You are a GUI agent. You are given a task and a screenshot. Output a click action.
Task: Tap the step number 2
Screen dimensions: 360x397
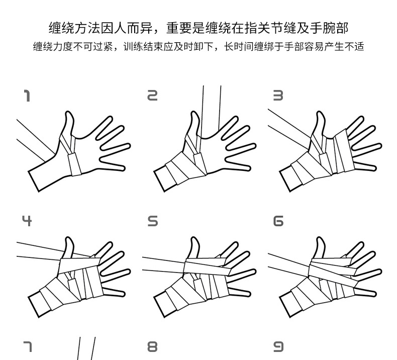(x=152, y=96)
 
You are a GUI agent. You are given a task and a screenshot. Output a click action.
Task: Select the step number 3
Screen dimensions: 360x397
(x=277, y=96)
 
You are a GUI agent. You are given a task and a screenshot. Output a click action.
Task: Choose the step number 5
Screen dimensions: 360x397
(x=152, y=221)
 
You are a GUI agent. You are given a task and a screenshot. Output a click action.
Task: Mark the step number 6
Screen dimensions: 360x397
(x=277, y=221)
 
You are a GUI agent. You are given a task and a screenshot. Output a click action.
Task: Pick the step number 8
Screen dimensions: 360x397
(x=152, y=346)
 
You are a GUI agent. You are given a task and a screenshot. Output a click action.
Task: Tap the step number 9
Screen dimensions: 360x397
(x=277, y=346)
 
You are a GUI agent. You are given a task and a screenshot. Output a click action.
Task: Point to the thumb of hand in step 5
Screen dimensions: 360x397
(x=193, y=247)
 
